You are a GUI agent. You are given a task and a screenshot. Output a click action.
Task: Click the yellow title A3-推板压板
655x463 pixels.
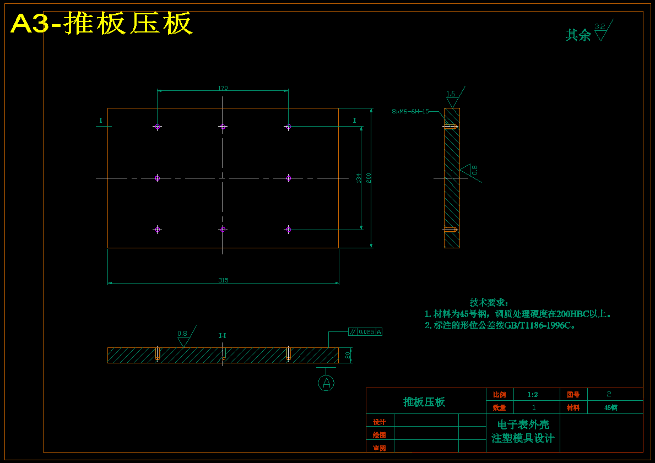coord(101,24)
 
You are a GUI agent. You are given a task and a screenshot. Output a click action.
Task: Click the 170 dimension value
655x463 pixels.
coord(223,88)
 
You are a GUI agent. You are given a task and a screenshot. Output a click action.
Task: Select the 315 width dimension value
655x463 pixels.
coord(223,280)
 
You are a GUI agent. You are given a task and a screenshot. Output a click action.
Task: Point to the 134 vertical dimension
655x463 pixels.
coord(359,178)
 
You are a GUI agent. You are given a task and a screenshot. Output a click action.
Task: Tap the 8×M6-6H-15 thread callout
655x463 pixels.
coord(410,111)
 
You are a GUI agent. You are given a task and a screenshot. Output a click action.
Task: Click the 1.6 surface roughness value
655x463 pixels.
coord(451,94)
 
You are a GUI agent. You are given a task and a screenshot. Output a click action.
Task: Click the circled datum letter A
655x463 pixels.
coord(326,383)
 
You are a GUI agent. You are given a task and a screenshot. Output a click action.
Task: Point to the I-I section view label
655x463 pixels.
coord(222,335)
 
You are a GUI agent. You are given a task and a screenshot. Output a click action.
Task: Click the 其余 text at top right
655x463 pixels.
coord(578,35)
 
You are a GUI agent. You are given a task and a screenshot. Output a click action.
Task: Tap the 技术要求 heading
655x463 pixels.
coord(489,302)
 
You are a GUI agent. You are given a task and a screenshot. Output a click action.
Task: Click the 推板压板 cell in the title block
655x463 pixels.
coord(424,402)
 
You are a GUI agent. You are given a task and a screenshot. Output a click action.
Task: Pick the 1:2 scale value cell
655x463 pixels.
coord(533,395)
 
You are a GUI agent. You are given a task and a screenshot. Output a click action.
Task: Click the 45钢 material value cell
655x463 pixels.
coord(610,408)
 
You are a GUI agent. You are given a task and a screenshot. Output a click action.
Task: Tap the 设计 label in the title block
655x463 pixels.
coord(380,422)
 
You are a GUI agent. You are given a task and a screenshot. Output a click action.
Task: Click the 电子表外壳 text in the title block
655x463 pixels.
coord(523,425)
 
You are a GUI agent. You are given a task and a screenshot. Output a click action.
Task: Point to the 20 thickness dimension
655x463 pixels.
coord(348,355)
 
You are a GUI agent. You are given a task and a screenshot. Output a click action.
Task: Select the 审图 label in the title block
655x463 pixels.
coord(380,448)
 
